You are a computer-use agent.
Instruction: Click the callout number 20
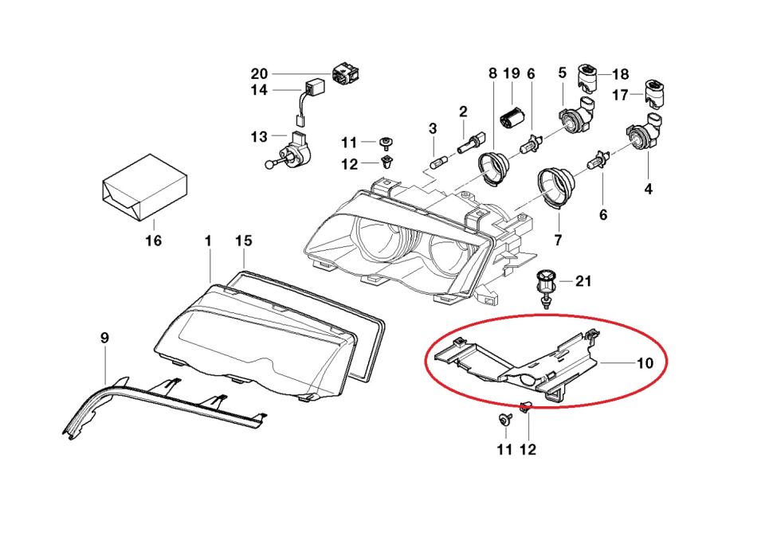260,73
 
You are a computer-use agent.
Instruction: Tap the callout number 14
260,91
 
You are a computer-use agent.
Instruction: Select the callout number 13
260,137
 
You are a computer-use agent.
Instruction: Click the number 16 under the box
153,240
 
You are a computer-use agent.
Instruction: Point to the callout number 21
584,280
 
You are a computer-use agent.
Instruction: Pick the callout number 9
104,339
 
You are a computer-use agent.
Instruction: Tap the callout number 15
244,241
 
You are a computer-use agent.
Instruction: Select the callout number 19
512,73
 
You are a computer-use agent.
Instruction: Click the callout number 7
557,239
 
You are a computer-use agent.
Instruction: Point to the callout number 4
648,189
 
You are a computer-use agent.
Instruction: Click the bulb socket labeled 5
575,120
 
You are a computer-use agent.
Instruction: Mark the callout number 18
620,74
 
